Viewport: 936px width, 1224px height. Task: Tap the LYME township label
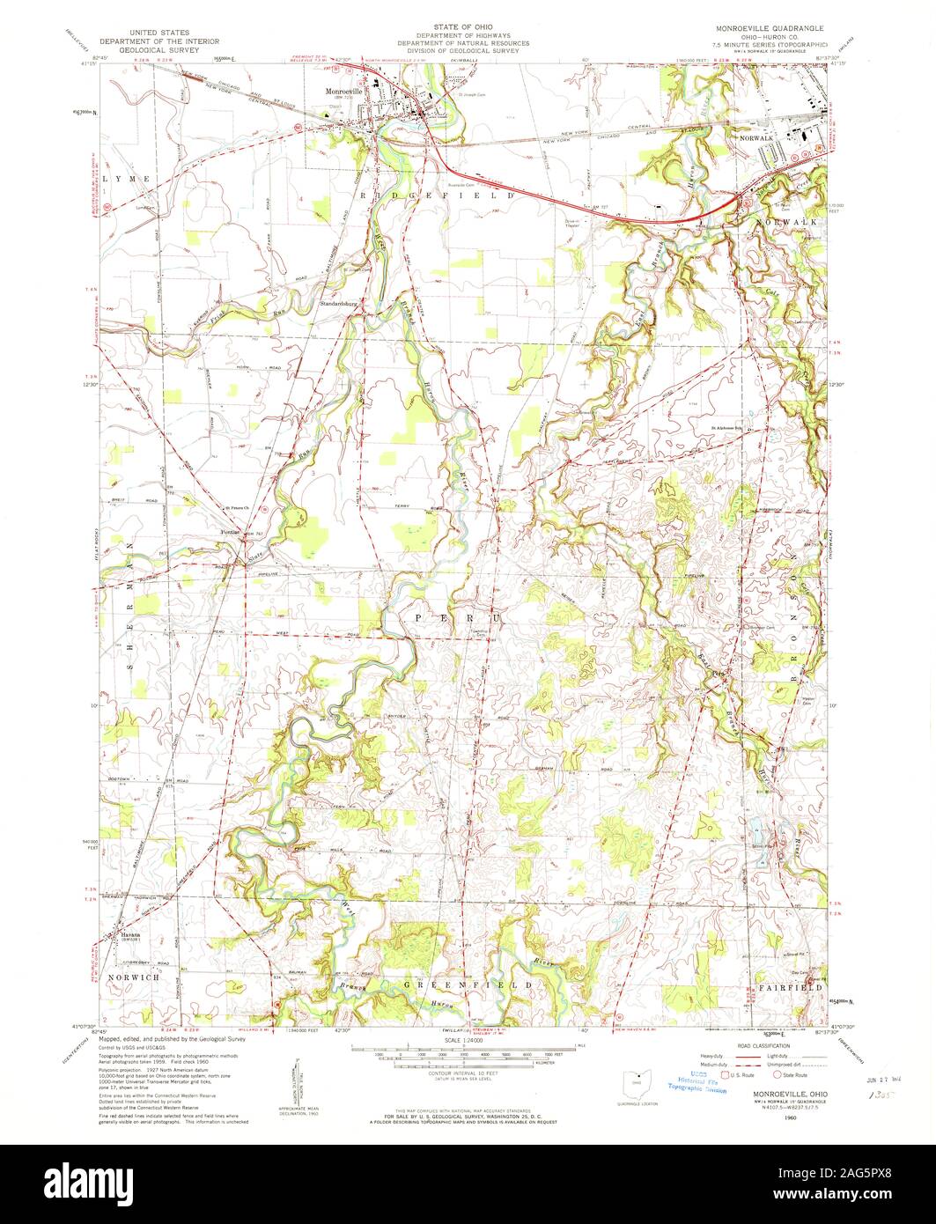[x=122, y=179]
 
